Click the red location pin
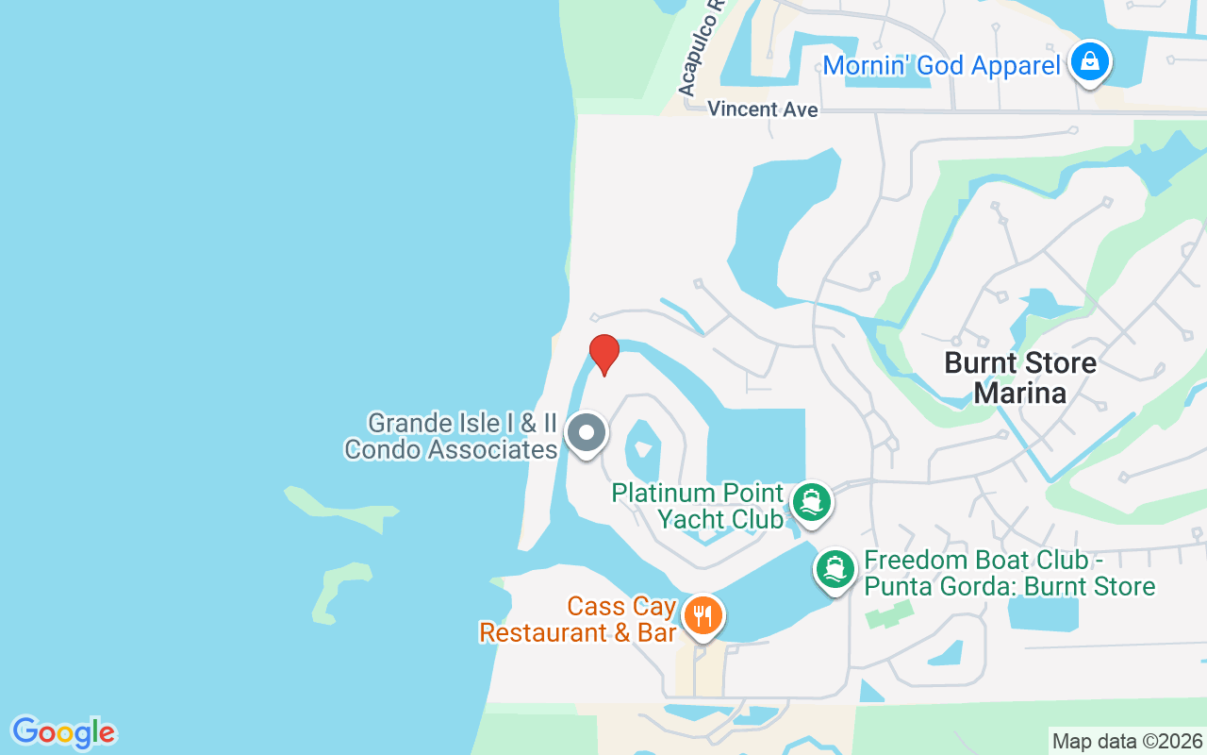pyautogui.click(x=603, y=354)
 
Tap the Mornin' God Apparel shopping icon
pyautogui.click(x=1090, y=62)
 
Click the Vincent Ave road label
pyautogui.click(x=763, y=109)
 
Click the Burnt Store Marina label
pyautogui.click(x=1020, y=377)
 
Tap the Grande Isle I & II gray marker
pyautogui.click(x=587, y=434)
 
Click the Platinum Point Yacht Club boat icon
pyautogui.click(x=810, y=502)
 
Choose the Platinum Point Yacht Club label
pyautogui.click(x=698, y=506)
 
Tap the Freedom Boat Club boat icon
pyautogui.click(x=835, y=569)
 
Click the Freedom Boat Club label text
pyautogui.click(x=1009, y=573)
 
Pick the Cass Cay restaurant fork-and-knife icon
pyautogui.click(x=703, y=616)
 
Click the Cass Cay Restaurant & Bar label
pyautogui.click(x=578, y=619)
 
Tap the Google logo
pyautogui.click(x=63, y=732)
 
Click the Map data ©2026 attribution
pyautogui.click(x=1127, y=741)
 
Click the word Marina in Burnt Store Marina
pyautogui.click(x=1020, y=392)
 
